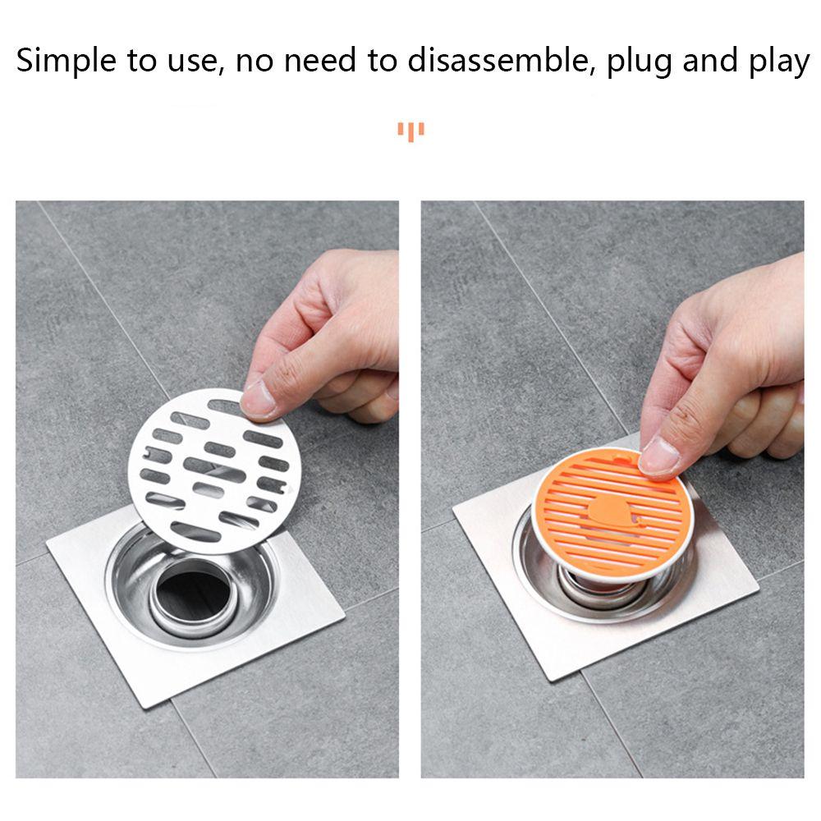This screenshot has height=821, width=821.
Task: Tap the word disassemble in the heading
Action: coord(498,62)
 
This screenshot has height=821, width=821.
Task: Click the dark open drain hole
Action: coord(193,591)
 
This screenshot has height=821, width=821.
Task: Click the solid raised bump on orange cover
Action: coord(612,513)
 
